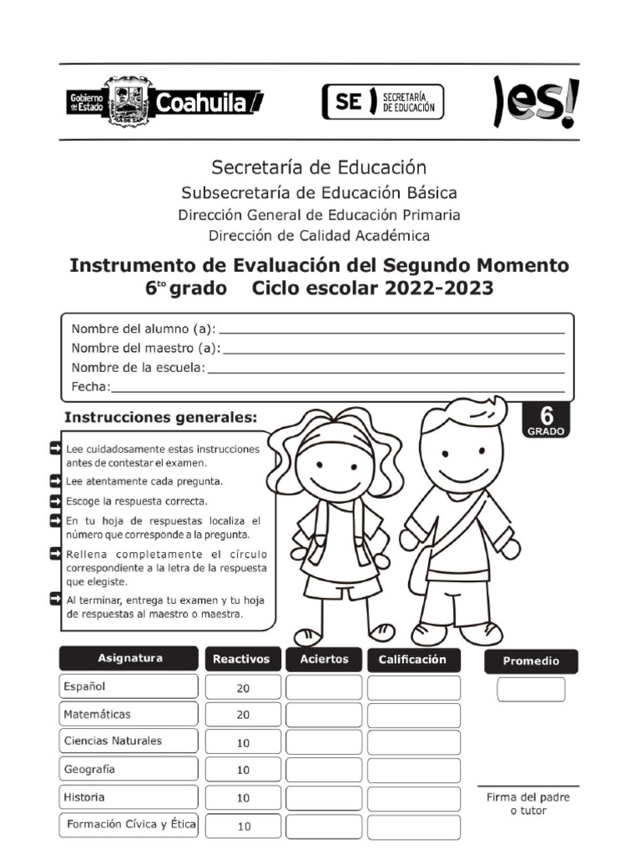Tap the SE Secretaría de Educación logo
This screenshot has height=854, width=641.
point(383,102)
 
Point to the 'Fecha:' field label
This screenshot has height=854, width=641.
point(91,386)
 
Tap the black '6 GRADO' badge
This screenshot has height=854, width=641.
point(547,420)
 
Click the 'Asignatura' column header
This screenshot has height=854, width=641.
point(130,659)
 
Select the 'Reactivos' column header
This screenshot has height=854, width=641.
point(242,659)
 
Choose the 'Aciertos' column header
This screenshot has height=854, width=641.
point(324,659)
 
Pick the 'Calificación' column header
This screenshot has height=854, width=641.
point(413,659)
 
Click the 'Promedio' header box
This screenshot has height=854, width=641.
point(531,661)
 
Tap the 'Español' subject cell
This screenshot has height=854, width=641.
point(129,686)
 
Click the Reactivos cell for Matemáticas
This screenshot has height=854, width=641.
point(242,715)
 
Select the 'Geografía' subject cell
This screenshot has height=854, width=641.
point(129,769)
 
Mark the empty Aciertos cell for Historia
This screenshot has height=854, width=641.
point(324,797)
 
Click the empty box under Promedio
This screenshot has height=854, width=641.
point(531,690)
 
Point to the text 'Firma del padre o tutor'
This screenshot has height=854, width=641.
point(528,804)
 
